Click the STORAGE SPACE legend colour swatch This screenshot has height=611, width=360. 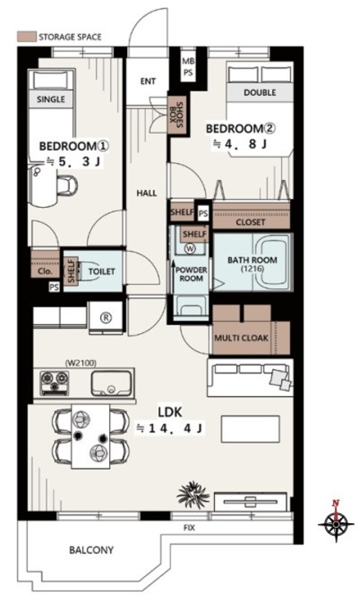point(26,37)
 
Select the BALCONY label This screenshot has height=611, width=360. point(91,550)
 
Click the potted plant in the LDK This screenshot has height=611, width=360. point(191,495)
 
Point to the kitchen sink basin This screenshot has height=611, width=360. point(111,383)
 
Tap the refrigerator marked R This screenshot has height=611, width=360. point(105,318)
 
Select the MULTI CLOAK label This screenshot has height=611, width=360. point(242,338)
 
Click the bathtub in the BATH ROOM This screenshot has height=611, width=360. point(274,262)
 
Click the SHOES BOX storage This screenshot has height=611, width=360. point(178,115)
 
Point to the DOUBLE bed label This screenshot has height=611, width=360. point(260,93)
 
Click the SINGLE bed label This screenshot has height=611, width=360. point(50,99)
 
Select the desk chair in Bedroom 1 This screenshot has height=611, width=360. point(67,185)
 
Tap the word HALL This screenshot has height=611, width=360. point(147,193)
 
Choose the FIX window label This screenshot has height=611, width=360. point(189,529)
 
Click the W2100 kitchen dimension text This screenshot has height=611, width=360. point(81,363)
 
